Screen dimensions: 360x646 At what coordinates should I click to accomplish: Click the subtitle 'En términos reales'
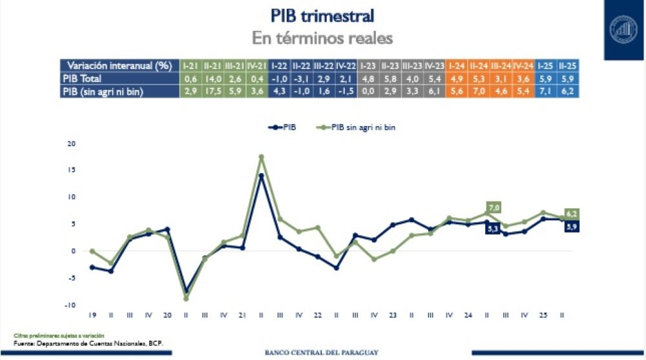322,38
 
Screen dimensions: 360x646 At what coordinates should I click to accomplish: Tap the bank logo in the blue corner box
624,30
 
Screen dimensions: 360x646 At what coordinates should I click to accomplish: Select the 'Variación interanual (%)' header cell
120,66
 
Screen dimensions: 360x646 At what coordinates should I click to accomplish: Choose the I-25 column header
547,66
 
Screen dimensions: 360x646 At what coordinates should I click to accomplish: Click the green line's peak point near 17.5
261,156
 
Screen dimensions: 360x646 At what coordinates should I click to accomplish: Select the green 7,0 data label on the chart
495,207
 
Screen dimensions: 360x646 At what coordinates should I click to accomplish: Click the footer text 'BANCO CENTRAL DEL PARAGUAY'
322,353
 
